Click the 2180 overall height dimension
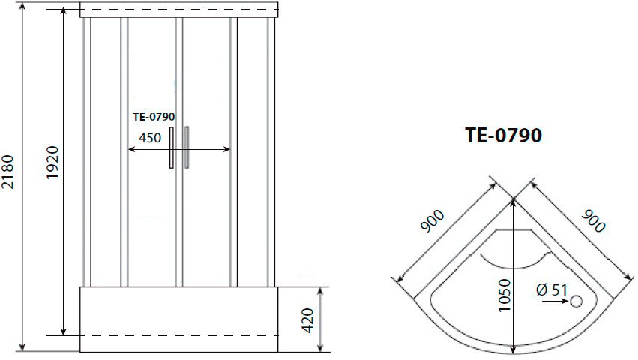(x=8, y=172)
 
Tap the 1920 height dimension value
(x=53, y=162)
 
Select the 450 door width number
(x=150, y=138)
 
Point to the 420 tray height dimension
(x=308, y=320)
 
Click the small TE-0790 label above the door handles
(x=154, y=117)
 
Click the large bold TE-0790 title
(x=503, y=135)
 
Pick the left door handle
(x=172, y=148)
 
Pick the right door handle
(x=187, y=148)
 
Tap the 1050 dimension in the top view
(x=505, y=295)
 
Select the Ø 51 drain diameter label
(x=552, y=290)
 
